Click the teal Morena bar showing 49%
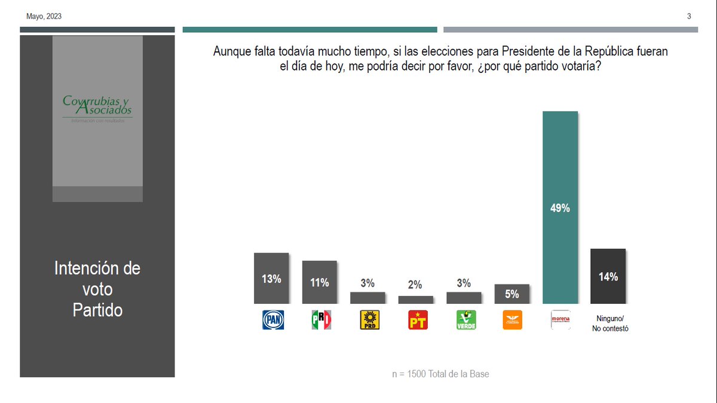coord(560,208)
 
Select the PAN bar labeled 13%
coord(271,278)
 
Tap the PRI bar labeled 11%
coord(320,282)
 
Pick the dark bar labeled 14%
coord(608,276)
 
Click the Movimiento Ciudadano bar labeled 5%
coord(512,294)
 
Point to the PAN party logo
coord(273,320)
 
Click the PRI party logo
coord(321,320)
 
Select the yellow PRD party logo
coord(369,320)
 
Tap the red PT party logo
coord(417,320)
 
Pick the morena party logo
coord(560,319)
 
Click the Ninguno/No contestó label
coord(609,324)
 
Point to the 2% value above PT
coord(415,285)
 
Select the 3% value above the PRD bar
coord(367,283)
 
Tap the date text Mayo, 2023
coord(44,17)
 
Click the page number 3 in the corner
coord(689,17)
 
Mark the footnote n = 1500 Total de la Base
coord(440,374)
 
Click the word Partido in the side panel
coord(97,310)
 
